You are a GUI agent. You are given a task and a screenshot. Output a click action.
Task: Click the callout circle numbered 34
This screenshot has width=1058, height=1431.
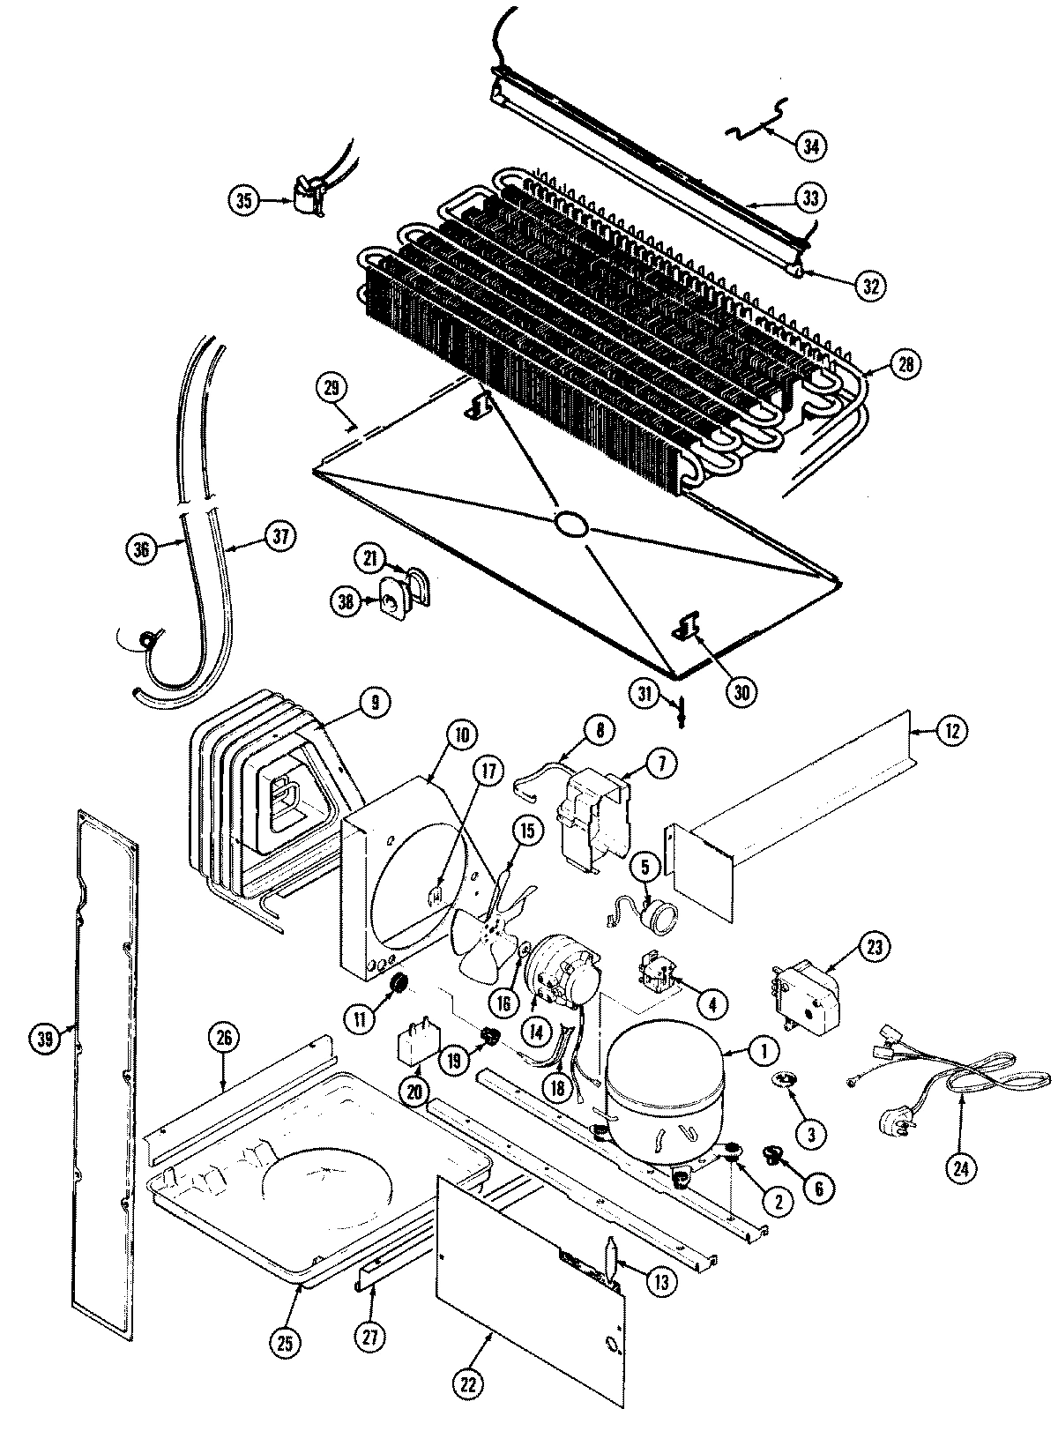[x=810, y=144]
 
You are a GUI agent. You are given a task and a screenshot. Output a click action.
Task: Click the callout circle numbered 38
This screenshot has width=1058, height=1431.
[x=346, y=601]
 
